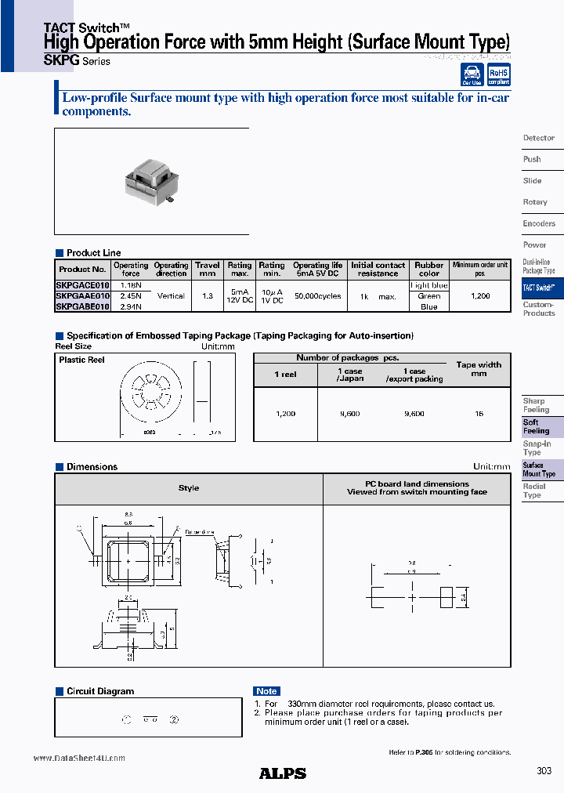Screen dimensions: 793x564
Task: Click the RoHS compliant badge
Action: click(x=499, y=75)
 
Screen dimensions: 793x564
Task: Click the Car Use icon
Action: click(x=472, y=75)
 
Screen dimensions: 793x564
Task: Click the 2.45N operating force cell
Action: click(x=131, y=296)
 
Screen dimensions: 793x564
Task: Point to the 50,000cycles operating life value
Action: click(x=317, y=297)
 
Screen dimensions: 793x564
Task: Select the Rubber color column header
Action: click(x=428, y=270)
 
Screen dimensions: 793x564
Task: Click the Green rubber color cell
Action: click(x=428, y=297)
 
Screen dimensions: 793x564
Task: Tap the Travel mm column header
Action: click(x=208, y=270)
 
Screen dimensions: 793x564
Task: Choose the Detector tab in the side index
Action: click(x=539, y=138)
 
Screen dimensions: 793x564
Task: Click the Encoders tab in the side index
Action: click(x=539, y=223)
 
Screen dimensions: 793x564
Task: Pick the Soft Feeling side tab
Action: click(x=537, y=426)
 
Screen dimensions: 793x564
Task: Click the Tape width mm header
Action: click(x=479, y=369)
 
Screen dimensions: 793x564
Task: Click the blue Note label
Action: click(x=266, y=691)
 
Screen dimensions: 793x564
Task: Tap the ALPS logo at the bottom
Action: click(x=282, y=773)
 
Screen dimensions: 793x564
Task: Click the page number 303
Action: click(x=544, y=771)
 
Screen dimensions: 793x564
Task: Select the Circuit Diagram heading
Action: click(x=99, y=691)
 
